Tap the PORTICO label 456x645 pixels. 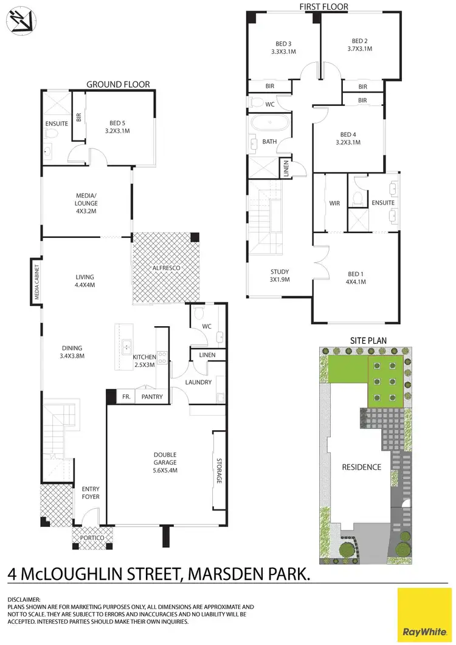92,539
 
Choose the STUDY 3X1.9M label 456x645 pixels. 280,276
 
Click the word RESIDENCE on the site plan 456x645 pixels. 361,467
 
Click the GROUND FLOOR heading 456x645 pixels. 118,84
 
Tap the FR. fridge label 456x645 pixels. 126,397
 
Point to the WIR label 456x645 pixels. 334,203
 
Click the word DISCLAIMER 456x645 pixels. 24,599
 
